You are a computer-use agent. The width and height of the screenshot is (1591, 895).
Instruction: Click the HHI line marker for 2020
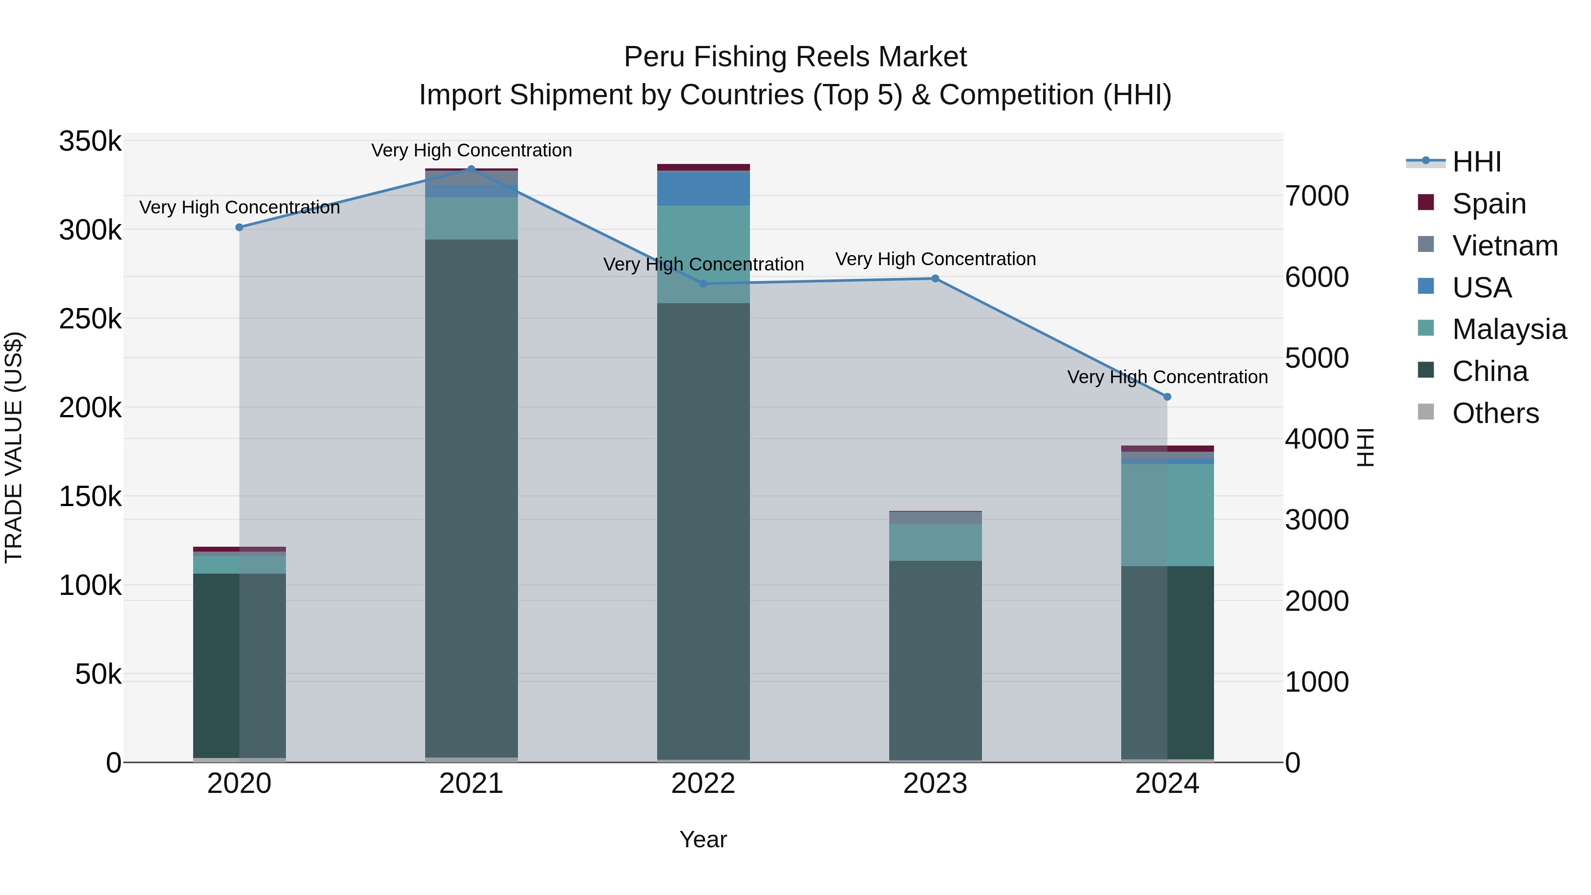tap(240, 227)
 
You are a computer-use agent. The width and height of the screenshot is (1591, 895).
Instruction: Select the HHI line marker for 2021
tap(471, 169)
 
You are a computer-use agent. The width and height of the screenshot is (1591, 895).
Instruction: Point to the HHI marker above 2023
tap(935, 278)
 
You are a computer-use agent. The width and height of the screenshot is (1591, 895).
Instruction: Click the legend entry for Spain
tap(1488, 204)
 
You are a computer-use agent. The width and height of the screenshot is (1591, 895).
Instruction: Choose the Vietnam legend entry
tap(1504, 246)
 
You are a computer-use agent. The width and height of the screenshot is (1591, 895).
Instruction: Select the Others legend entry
tap(1495, 413)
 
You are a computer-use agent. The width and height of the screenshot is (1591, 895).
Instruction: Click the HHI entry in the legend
tap(1476, 162)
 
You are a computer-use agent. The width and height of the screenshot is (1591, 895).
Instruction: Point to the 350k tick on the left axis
tap(90, 141)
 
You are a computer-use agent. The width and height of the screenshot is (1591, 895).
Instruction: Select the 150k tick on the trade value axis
tap(90, 497)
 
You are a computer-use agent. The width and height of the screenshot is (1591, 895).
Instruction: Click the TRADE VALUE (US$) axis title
tap(14, 447)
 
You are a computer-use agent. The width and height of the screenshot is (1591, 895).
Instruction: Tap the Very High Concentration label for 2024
tap(1167, 377)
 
